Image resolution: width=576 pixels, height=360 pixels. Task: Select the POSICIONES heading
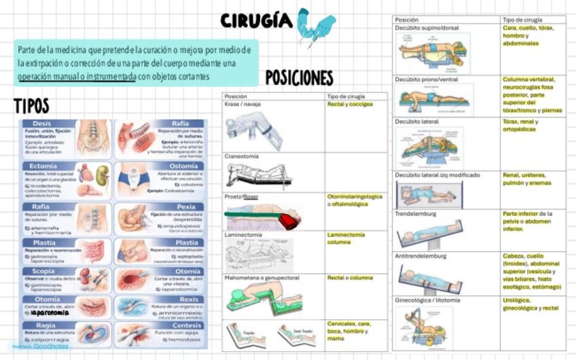[x=299, y=78]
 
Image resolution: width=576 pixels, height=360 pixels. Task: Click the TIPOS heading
[x=31, y=106]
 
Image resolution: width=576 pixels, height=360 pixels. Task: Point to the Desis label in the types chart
[x=41, y=124]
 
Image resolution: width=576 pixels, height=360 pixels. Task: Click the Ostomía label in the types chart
[x=183, y=166]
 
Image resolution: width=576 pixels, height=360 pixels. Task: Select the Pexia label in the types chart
[x=186, y=206]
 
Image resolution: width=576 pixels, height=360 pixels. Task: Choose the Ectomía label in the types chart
[x=43, y=166]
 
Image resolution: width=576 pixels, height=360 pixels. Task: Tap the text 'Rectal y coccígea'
[x=350, y=105]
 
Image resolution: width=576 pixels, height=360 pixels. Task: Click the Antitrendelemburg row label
[x=420, y=256]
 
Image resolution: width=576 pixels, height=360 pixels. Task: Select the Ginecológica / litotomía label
[x=427, y=300]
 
